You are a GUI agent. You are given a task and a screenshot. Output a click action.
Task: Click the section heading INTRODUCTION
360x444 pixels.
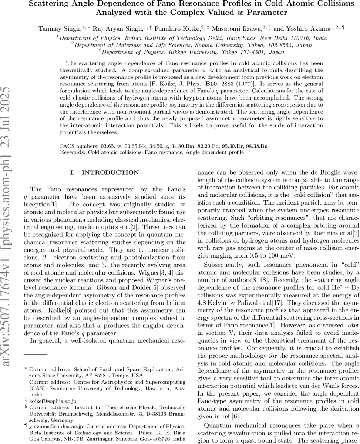[110, 172]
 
